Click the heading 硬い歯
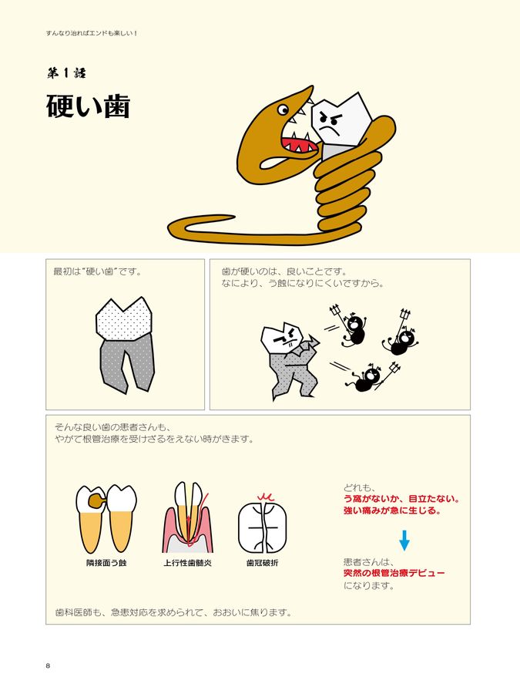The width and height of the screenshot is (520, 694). click(88, 107)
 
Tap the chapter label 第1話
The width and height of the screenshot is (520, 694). click(65, 74)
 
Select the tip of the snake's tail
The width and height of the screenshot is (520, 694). click(173, 229)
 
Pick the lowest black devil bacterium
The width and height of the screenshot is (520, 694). click(367, 378)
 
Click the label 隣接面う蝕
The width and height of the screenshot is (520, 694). click(106, 563)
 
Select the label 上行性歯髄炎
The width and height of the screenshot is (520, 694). click(188, 563)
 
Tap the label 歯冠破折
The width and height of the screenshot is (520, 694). click(262, 563)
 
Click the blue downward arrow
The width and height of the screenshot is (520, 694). click(404, 539)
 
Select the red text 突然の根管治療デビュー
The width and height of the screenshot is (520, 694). click(394, 573)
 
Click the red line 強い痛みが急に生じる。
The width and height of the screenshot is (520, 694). click(392, 511)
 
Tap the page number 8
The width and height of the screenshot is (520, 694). click(48, 665)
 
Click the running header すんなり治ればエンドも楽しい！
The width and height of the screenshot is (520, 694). click(92, 34)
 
